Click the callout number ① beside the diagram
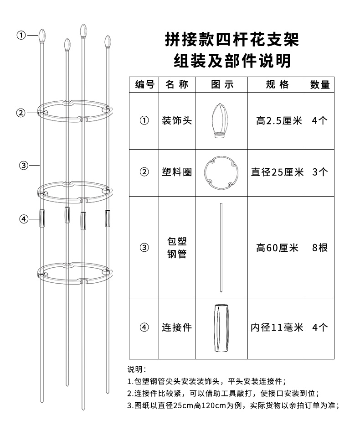click(x=21, y=35)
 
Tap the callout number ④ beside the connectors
click(x=24, y=219)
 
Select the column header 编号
click(x=144, y=84)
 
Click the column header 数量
click(x=320, y=84)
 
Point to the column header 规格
click(x=277, y=84)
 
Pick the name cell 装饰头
click(x=177, y=121)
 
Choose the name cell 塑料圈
click(x=177, y=172)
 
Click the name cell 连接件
click(x=177, y=327)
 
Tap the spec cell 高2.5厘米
click(x=279, y=121)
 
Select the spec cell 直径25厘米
click(x=277, y=172)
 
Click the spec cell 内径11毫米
click(x=277, y=327)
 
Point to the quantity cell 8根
click(x=320, y=248)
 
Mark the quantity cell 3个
click(x=320, y=172)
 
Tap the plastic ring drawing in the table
click(x=221, y=173)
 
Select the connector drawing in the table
click(x=221, y=328)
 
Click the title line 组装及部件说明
click(x=232, y=61)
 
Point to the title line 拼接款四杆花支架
click(x=232, y=40)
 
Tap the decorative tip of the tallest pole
click(x=83, y=31)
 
